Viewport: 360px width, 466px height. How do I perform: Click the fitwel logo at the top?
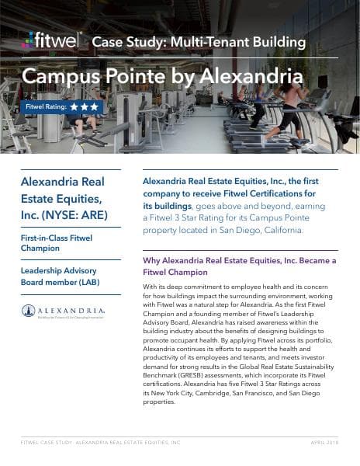[51, 40]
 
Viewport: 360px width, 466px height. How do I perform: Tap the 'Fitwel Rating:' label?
[45, 106]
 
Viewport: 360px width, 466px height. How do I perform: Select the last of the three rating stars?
[93, 106]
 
